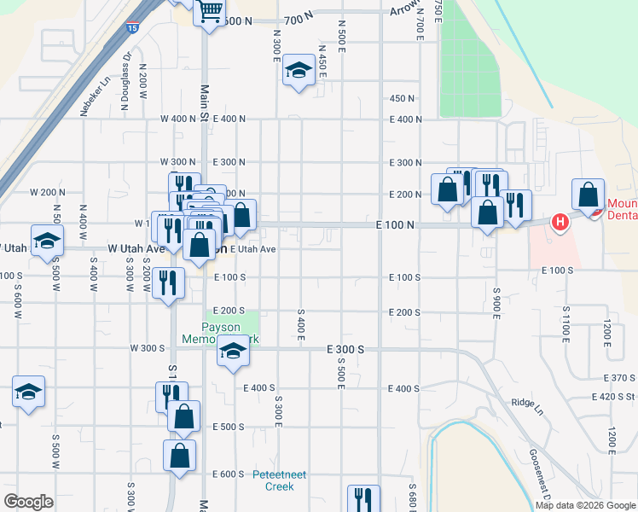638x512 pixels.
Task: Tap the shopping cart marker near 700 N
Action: pyautogui.click(x=209, y=11)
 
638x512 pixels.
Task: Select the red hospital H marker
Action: pyautogui.click(x=560, y=223)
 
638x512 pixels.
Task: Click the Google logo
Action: pyautogui.click(x=28, y=502)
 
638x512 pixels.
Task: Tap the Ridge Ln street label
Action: pyautogui.click(x=526, y=402)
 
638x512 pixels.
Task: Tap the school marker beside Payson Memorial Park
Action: pyautogui.click(x=232, y=352)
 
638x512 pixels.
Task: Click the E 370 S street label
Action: pyautogui.click(x=619, y=377)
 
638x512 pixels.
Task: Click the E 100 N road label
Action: pyautogui.click(x=394, y=224)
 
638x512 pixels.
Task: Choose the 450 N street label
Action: pyautogui.click(x=402, y=99)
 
